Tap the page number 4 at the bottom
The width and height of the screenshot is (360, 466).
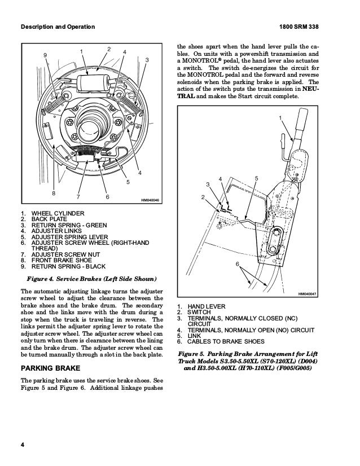[22, 447]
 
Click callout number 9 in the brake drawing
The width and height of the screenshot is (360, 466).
[46, 55]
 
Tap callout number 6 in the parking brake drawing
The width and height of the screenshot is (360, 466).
[238, 265]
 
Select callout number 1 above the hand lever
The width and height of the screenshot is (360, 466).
[279, 117]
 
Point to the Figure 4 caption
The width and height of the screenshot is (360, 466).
[92, 279]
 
